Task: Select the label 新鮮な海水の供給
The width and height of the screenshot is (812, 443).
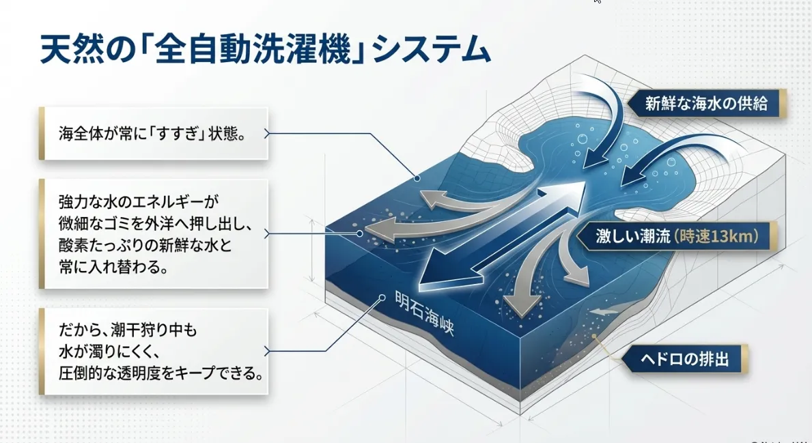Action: tap(707, 103)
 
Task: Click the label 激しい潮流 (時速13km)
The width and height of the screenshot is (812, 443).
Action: tap(677, 236)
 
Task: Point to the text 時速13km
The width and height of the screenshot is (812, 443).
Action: tap(716, 236)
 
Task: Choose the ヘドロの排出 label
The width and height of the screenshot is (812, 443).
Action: tap(684, 358)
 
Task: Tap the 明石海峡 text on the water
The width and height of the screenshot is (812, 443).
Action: tap(425, 313)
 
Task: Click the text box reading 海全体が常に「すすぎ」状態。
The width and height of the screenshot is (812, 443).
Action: tap(153, 134)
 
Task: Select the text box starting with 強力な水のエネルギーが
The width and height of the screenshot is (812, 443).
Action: tap(153, 234)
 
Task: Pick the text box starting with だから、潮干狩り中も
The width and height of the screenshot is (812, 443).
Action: tap(153, 352)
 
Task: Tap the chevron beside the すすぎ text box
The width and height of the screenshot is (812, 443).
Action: tap(267, 134)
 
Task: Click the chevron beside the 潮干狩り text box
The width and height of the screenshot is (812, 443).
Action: tap(267, 352)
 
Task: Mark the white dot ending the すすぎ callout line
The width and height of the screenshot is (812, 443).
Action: tap(417, 178)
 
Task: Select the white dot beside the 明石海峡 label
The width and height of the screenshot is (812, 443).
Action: tap(382, 298)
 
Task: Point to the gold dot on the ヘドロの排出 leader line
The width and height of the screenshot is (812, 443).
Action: tap(595, 337)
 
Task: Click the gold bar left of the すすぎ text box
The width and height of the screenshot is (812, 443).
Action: tap(42, 134)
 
